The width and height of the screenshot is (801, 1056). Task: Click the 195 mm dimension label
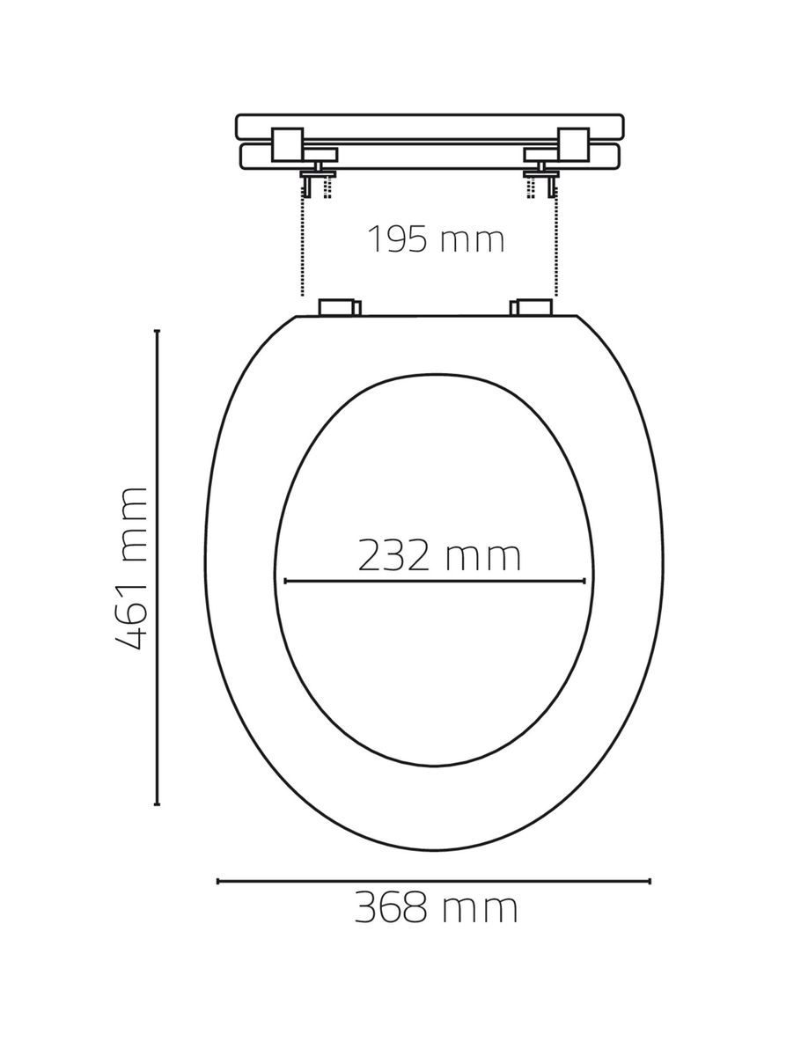[x=436, y=239]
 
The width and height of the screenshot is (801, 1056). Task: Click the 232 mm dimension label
[x=439, y=555]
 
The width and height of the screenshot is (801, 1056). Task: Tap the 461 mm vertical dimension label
[x=131, y=569]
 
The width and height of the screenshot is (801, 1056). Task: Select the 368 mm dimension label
[x=436, y=908]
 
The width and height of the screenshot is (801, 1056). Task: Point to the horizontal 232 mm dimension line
[x=435, y=581]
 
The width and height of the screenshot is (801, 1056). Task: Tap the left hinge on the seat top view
[x=340, y=307]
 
